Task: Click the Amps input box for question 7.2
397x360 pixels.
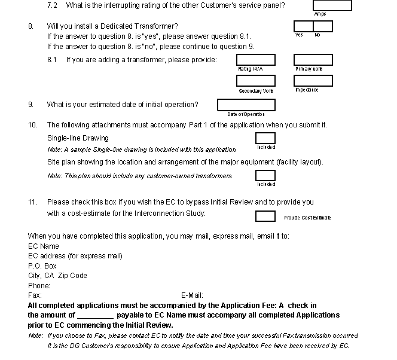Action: (332, 5)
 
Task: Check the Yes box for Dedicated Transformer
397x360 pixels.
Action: (303, 26)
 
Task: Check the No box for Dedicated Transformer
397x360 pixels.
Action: (323, 26)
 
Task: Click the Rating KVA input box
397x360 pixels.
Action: (256, 60)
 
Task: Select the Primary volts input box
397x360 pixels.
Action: (313, 60)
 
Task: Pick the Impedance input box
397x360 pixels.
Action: (313, 81)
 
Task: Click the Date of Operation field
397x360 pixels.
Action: (246, 105)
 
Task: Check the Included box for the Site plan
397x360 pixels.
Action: (265, 176)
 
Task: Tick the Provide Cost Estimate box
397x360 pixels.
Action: (265, 216)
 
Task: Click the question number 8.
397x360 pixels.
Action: (30, 26)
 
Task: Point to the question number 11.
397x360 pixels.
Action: (32, 202)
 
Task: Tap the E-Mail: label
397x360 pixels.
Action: (192, 295)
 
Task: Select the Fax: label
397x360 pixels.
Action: (35, 295)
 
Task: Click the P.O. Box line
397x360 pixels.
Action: (42, 266)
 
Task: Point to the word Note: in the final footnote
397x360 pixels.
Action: (35, 335)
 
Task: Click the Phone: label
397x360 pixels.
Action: (39, 286)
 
